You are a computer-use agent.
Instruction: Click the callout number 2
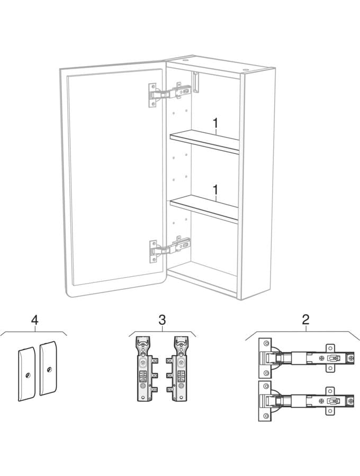coord(305,319)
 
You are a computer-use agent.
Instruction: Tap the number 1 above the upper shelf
coord(215,123)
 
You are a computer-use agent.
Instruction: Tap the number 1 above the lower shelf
coord(215,190)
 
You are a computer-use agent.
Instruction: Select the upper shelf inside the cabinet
coord(205,141)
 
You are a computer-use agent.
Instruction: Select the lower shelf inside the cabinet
coord(204,209)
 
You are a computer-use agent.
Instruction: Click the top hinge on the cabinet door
coord(169,93)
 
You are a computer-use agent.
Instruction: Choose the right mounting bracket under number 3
coord(178,368)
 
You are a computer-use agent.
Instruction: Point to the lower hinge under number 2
coord(306,400)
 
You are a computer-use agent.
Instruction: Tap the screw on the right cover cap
coord(49,370)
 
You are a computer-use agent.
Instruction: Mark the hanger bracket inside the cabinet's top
coord(196,82)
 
